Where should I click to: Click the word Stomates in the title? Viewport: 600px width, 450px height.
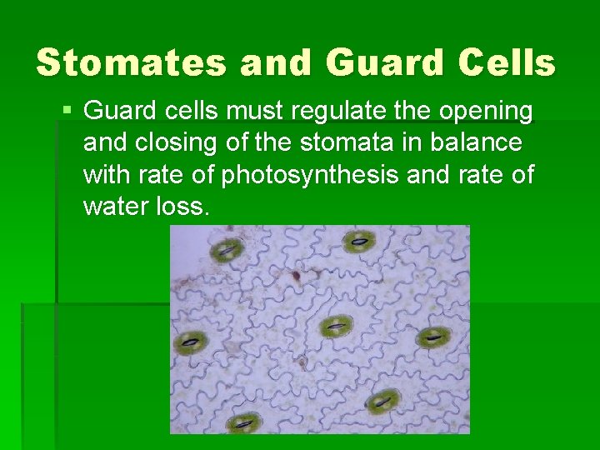tap(130, 63)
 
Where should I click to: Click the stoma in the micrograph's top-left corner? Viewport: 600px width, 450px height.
tap(226, 248)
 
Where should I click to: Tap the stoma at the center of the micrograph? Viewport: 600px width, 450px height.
tap(334, 326)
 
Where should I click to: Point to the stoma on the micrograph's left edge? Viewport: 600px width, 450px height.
tap(192, 341)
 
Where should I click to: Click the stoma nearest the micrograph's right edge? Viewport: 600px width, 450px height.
tap(433, 337)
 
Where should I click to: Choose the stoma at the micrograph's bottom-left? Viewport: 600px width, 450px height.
tap(242, 422)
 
